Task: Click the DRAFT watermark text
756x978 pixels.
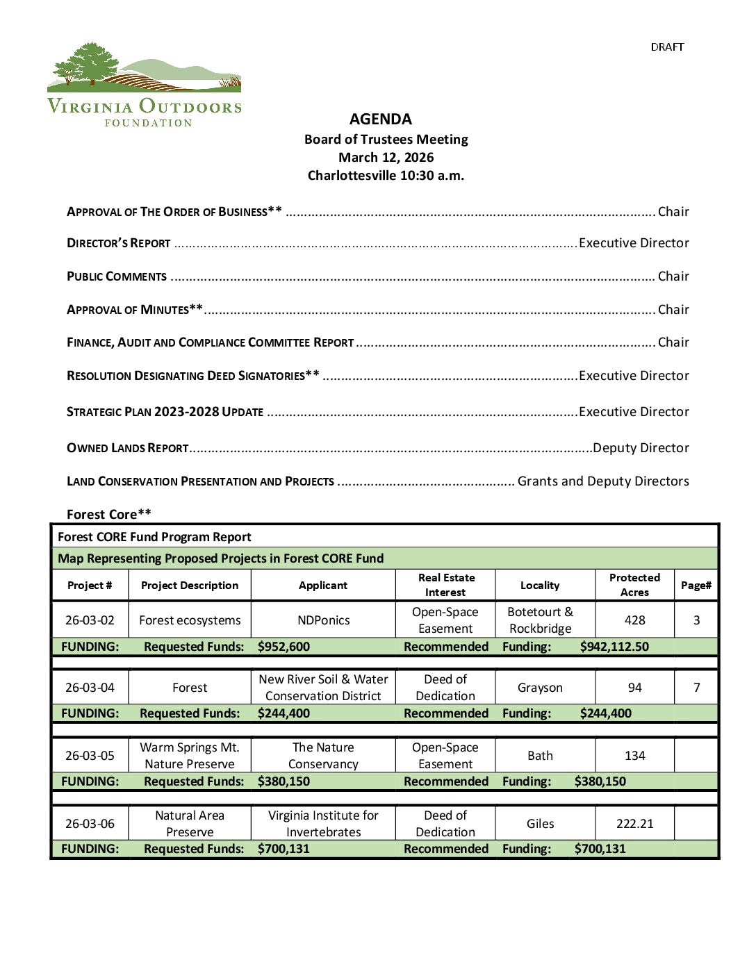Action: point(667,47)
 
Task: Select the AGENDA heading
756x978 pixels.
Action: point(380,119)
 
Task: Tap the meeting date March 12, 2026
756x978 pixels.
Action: point(386,157)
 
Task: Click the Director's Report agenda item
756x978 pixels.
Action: point(119,243)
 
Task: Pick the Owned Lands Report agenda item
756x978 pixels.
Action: point(128,448)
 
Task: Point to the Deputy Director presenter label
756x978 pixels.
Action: point(641,448)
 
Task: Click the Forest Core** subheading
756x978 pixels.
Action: point(109,514)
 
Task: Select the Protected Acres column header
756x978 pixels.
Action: point(634,585)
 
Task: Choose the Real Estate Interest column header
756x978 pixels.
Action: point(446,585)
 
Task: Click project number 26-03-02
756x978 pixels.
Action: point(90,620)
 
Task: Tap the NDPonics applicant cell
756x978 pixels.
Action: point(323,620)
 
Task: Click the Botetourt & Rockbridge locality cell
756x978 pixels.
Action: point(540,620)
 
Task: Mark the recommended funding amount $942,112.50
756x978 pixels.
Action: point(614,647)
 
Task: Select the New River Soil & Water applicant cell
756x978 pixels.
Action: point(323,688)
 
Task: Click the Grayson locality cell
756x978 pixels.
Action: point(540,688)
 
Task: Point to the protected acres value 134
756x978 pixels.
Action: point(634,756)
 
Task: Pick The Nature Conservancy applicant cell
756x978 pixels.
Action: point(323,756)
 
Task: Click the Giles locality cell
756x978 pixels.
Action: point(540,824)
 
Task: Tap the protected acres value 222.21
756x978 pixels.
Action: point(634,824)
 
